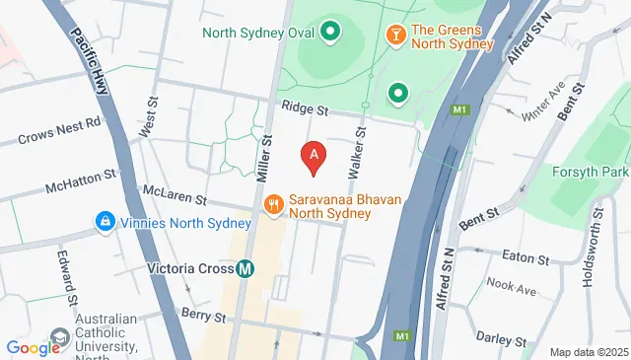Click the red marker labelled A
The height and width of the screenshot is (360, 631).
click(314, 155)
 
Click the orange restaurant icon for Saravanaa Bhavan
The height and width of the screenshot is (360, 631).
click(273, 204)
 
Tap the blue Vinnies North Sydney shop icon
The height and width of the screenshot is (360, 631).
click(104, 221)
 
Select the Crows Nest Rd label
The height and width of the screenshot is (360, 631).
click(59, 132)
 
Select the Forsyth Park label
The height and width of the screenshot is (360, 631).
click(600, 172)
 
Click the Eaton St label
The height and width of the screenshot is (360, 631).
click(524, 258)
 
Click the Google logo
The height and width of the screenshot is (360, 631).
click(34, 347)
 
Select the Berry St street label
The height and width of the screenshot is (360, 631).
click(204, 313)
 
